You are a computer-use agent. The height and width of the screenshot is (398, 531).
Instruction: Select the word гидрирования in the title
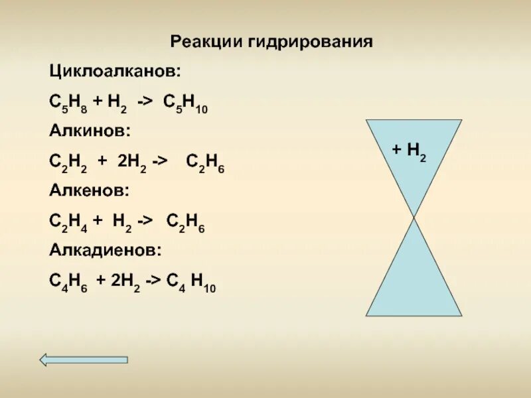click(x=311, y=43)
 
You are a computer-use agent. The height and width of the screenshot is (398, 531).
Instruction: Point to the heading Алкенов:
click(x=90, y=190)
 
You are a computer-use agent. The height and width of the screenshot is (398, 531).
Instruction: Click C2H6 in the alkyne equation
click(x=205, y=162)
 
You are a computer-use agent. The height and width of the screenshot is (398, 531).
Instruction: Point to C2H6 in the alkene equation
click(x=185, y=222)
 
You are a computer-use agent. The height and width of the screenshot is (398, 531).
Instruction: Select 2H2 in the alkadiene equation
click(x=123, y=282)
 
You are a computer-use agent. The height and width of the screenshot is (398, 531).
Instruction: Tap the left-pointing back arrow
click(x=83, y=360)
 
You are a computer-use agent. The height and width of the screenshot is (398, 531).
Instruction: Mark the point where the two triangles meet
click(x=414, y=217)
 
